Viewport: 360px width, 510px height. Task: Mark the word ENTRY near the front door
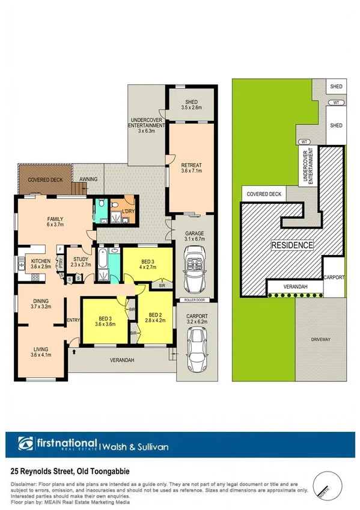(74, 320)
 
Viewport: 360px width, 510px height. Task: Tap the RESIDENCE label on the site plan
(292, 245)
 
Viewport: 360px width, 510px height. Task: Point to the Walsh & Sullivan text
(130, 447)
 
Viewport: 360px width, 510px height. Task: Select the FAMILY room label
(55, 223)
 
